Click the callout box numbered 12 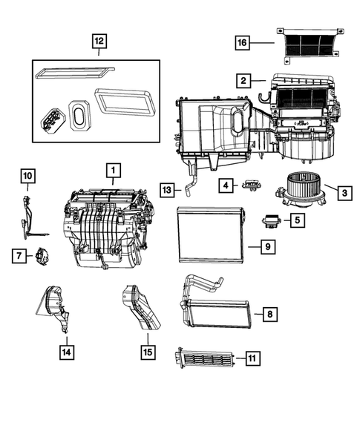pos(99,42)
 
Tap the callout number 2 pos(243,79)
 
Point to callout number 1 pos(113,172)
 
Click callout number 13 pos(168,191)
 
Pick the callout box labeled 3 pos(344,193)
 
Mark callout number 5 pos(295,220)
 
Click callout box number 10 pos(27,176)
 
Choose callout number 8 pos(270,315)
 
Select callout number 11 pos(252,359)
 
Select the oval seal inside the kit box pos(78,114)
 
